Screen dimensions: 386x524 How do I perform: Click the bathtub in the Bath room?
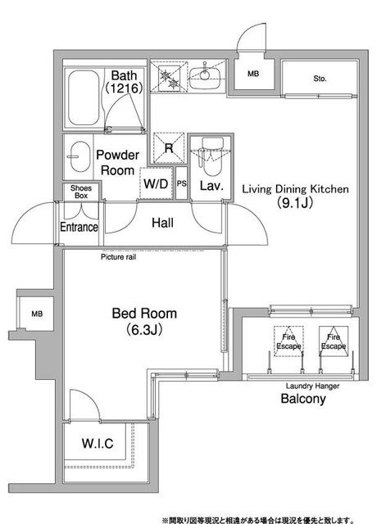84,97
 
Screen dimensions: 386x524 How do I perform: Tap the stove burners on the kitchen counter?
170,76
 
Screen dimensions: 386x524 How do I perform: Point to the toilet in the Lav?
211,156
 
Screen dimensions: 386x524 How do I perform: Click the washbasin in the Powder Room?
81,156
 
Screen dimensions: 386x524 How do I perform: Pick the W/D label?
156,183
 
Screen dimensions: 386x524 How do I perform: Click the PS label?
181,183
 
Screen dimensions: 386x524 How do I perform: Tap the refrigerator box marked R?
169,148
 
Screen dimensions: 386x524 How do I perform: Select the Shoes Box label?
81,192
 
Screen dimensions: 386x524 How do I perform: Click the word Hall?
162,223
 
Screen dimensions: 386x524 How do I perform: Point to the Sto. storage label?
320,79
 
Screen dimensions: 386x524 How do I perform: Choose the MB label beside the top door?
253,73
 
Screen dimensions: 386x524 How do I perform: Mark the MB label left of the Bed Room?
37,314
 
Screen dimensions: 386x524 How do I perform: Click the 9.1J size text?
295,202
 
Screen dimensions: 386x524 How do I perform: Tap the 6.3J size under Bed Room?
144,330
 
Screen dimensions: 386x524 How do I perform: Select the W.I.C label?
98,443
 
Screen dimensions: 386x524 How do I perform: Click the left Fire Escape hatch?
288,341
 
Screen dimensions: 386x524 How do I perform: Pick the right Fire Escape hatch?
334,341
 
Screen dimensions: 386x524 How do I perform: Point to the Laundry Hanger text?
312,386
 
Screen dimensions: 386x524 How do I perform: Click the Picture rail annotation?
118,257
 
